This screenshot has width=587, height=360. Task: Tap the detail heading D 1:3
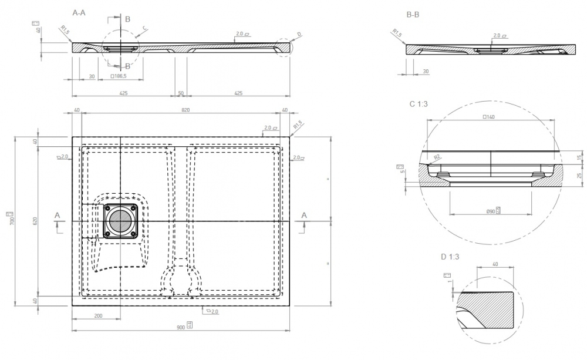(x=451, y=257)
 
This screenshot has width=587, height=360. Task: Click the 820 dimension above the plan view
(x=185, y=110)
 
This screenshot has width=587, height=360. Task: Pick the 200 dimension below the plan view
(x=97, y=316)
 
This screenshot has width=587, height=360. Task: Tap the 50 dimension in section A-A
(x=181, y=93)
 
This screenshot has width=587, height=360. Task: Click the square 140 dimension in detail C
(x=488, y=117)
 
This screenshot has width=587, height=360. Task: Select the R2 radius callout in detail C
(x=437, y=157)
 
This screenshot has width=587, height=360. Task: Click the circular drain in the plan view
(x=122, y=221)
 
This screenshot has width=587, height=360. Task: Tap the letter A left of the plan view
(x=57, y=216)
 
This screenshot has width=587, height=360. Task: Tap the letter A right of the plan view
(x=304, y=216)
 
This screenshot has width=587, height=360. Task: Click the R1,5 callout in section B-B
(x=397, y=33)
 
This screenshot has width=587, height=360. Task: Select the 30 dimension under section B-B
(x=424, y=71)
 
